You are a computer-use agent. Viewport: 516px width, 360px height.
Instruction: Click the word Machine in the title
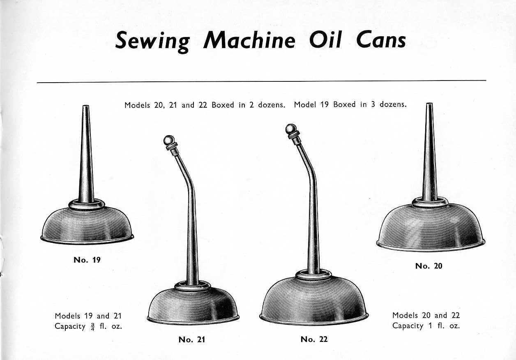coord(249,40)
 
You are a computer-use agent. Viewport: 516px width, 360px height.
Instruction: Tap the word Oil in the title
coord(325,39)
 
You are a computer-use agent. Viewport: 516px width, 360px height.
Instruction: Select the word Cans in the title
coord(381,39)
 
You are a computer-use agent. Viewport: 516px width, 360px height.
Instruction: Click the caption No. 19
coord(87,260)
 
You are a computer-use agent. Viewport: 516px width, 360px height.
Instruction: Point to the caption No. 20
coord(428,266)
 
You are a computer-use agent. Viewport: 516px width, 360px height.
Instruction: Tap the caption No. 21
coord(192,339)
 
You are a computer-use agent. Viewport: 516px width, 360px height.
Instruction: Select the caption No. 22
coord(314,339)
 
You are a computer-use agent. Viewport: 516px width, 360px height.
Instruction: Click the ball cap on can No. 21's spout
coord(169,140)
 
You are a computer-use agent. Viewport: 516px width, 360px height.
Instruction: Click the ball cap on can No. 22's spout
coord(291,129)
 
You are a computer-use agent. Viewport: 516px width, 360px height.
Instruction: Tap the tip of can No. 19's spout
coord(86,106)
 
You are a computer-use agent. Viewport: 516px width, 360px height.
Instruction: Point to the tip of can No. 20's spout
coord(429,104)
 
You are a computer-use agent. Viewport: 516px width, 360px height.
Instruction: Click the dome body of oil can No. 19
coord(87,225)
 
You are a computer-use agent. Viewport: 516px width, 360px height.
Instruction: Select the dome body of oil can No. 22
coord(314,300)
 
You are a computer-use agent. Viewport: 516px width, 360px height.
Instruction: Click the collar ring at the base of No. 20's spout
coord(430,203)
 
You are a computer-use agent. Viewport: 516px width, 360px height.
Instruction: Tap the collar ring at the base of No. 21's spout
coord(192,286)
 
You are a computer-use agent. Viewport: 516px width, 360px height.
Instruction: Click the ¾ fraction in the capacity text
coord(92,327)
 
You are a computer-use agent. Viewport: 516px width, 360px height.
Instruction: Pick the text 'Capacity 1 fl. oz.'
coord(426,326)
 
